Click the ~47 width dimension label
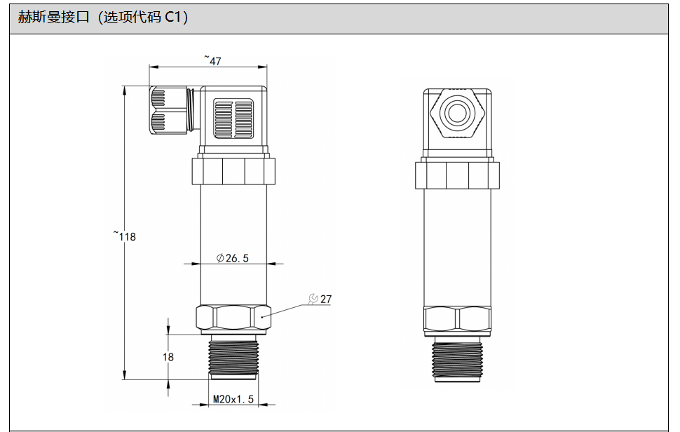click(x=212, y=60)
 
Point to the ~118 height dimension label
click(x=125, y=236)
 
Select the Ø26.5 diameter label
click(x=233, y=258)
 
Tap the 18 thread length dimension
click(x=168, y=357)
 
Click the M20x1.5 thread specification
click(x=233, y=398)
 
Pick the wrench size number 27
click(x=326, y=299)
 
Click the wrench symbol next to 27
click(x=313, y=299)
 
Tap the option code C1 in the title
click(x=174, y=17)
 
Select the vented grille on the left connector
click(x=233, y=118)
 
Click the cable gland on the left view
click(x=171, y=110)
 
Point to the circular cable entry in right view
click(x=457, y=114)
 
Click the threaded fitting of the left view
click(x=233, y=357)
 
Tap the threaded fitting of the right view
click(x=458, y=360)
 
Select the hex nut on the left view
click(x=233, y=317)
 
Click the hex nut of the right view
click(x=458, y=320)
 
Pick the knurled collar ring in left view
click(x=233, y=171)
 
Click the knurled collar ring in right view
click(x=458, y=175)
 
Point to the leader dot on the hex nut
click(x=262, y=317)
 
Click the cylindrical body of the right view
click(x=458, y=248)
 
